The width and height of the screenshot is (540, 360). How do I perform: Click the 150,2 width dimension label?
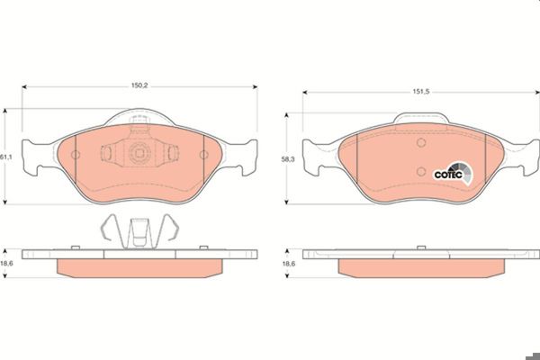139,85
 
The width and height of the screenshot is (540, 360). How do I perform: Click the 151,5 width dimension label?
421,91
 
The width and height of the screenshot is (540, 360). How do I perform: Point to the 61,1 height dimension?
6,157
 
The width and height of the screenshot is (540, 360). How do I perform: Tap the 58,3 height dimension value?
288,159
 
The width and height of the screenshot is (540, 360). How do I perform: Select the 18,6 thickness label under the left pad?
6,263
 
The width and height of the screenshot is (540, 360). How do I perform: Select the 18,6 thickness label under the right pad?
289,264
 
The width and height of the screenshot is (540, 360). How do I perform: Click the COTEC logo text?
448,175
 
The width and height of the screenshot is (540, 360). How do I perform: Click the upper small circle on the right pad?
421,142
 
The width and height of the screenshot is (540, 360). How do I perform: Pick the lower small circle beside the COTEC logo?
421,171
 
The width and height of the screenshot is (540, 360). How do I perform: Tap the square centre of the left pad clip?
139,153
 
